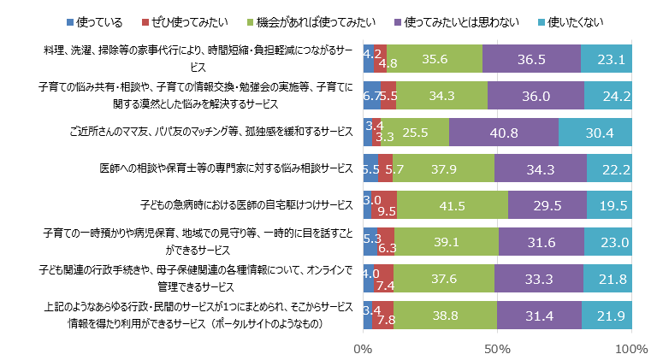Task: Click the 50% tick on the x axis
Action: [x=497, y=349]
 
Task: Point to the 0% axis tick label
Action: [x=363, y=349]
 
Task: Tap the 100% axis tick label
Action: [x=630, y=349]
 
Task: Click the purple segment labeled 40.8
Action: [x=504, y=133]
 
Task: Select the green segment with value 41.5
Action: [x=452, y=206]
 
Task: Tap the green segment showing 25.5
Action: [x=415, y=133]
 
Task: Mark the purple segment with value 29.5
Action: [x=547, y=206]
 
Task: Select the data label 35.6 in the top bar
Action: [x=435, y=59]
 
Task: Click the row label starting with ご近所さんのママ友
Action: [x=210, y=133]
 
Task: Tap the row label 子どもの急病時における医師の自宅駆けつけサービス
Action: [x=246, y=206]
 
